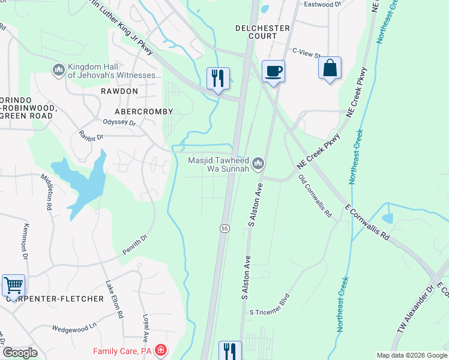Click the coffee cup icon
click(273, 71)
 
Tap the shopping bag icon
click(330, 68)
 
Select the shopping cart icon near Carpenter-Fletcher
click(13, 285)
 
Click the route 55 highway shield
click(224, 228)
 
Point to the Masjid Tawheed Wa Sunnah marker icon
click(258, 163)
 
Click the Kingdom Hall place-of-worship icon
click(59, 71)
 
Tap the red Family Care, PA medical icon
click(160, 350)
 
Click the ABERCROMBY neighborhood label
click(144, 112)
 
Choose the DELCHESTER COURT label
click(256, 32)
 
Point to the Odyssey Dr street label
click(121, 123)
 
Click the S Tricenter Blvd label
click(270, 305)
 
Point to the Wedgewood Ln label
click(74, 328)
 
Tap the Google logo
click(20, 352)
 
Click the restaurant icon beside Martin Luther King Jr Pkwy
click(217, 78)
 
